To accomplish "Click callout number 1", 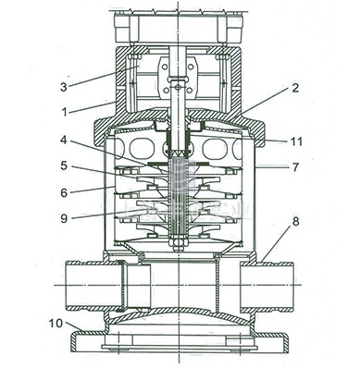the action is coord(65,112).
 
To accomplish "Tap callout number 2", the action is coord(295,88).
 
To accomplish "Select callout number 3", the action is coord(63,87).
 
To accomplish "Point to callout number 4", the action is coord(63,141).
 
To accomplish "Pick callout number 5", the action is coord(64,166).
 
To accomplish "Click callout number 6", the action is coord(64,192).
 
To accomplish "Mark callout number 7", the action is coord(295,166).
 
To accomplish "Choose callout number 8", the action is coord(295,222).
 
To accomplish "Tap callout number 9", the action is coord(64,218).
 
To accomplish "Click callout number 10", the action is coord(56,324).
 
